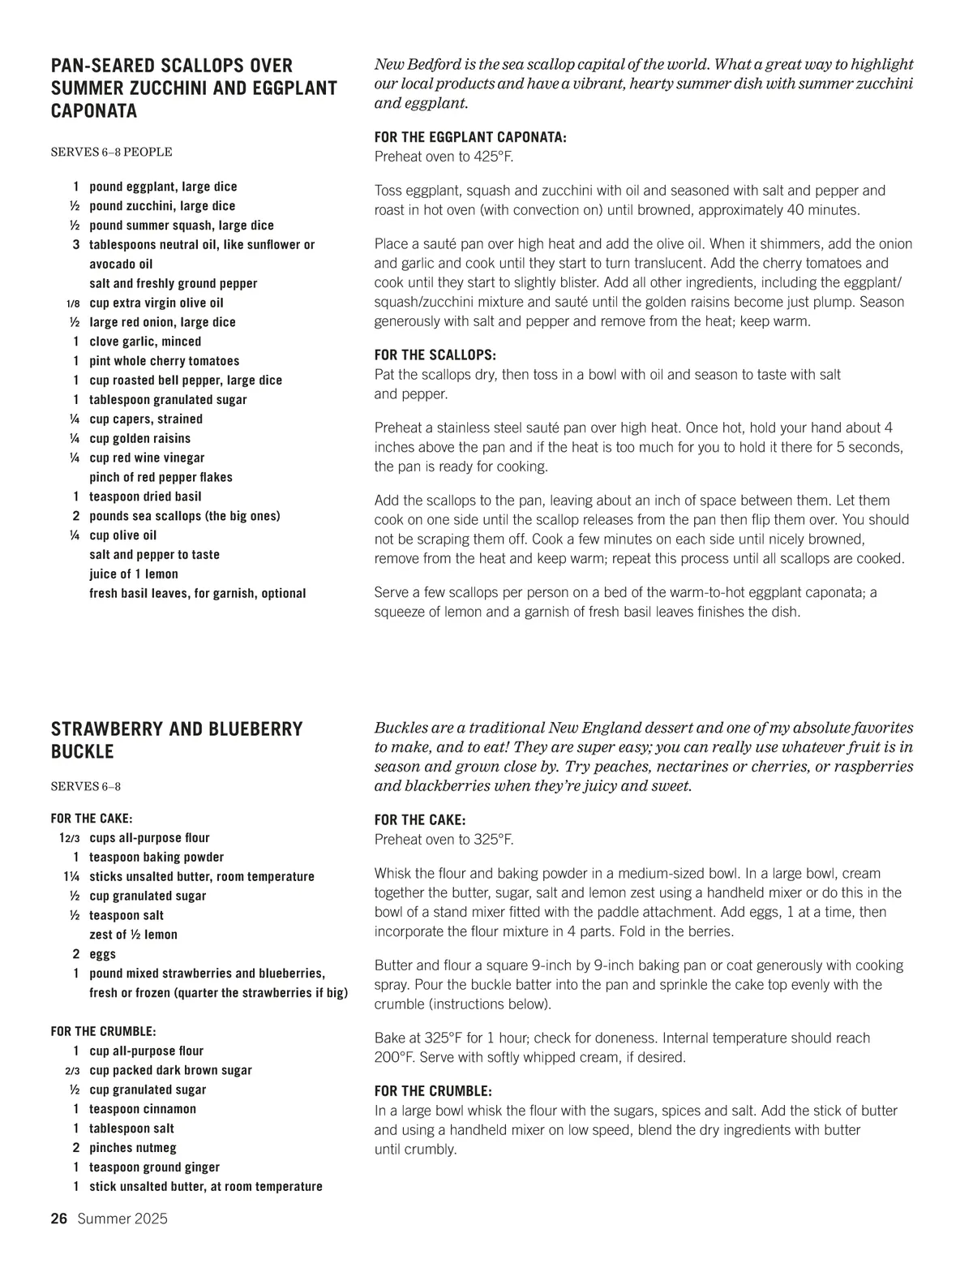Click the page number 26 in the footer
pos(58,1219)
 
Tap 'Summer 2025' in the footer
pos(122,1219)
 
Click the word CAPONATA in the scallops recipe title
pos(94,111)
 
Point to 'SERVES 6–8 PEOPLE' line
pos(111,152)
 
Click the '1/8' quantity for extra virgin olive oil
pos(73,303)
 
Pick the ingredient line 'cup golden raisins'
pos(139,438)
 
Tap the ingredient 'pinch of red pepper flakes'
pos(161,477)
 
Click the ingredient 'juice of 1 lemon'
pos(134,574)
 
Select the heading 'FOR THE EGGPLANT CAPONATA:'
pos(470,137)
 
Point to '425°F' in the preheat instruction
pos(493,157)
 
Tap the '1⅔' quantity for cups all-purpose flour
pos(68,838)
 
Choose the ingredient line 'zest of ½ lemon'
pos(133,935)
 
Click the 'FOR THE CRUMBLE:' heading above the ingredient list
pos(103,1031)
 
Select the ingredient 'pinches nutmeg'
pos(132,1147)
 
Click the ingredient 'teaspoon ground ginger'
pos(154,1167)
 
